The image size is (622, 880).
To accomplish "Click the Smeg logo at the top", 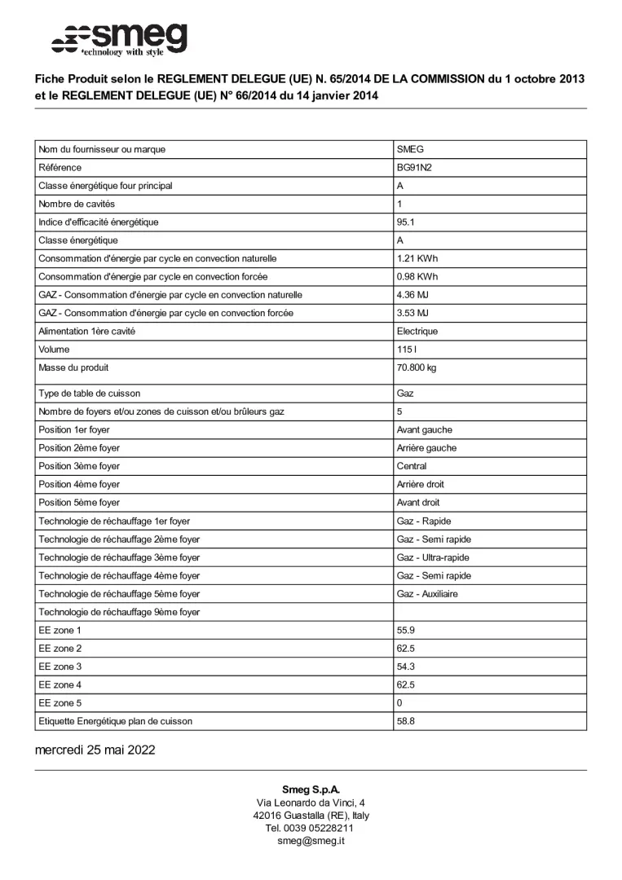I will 120,38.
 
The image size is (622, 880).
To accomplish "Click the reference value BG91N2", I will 413,168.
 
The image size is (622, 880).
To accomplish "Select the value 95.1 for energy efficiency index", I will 405,222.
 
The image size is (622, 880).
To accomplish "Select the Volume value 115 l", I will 405,350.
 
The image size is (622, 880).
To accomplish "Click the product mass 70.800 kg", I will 417,368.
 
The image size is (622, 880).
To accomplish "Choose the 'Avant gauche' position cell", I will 424,430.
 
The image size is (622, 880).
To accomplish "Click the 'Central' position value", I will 412,466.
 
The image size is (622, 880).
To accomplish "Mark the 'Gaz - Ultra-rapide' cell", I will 433,557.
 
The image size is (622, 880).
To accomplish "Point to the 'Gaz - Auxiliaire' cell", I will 427,594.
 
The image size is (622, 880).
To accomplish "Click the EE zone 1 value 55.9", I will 405,631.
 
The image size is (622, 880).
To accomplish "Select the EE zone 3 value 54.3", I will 405,667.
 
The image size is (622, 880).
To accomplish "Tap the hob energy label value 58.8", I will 405,721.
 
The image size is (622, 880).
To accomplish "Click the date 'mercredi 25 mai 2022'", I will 95,750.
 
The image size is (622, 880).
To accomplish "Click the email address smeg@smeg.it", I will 311,841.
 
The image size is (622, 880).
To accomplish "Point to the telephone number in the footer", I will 311,828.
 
